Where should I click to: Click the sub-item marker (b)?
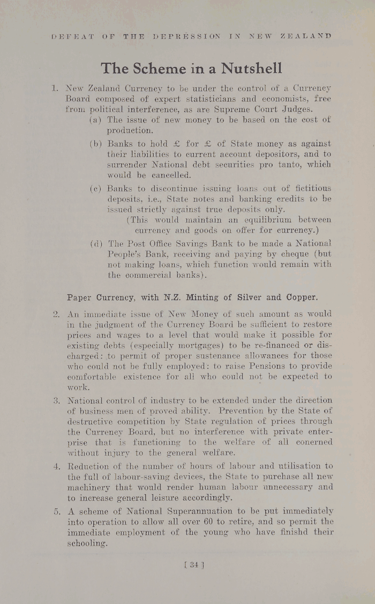(x=96, y=144)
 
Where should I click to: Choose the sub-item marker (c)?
(x=96, y=189)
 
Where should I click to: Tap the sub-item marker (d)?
(x=96, y=243)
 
